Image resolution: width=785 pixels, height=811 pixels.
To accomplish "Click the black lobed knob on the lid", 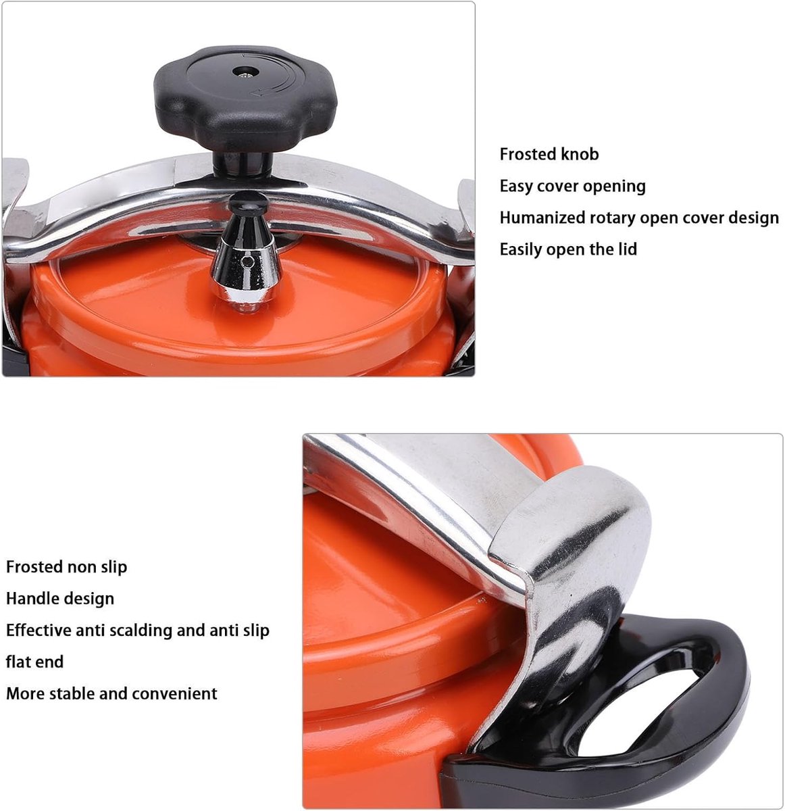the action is tap(245, 99).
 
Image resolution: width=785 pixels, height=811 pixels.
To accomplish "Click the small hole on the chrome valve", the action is tap(247, 262).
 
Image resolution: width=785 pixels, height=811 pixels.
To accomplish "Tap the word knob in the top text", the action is tap(580, 154).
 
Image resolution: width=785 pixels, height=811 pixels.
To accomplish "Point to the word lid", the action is tap(627, 249).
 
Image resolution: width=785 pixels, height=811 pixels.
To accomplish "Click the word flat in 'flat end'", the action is tap(18, 662).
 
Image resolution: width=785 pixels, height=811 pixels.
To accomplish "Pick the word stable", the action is tap(72, 693).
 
